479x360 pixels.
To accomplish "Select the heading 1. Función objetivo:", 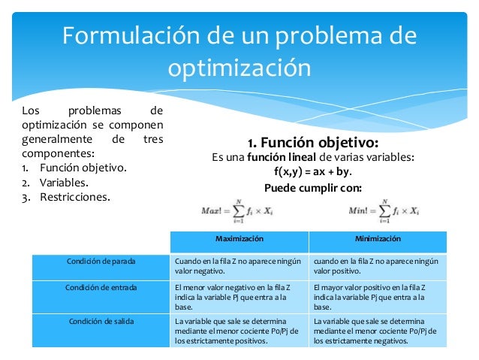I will [313, 143].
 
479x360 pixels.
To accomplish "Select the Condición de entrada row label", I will [100, 286].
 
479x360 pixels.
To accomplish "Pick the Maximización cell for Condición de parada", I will [238, 266].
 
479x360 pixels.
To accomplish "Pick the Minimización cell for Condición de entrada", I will [378, 297].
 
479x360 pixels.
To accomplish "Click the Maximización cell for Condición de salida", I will [238, 331].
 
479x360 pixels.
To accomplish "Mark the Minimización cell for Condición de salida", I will [378, 331].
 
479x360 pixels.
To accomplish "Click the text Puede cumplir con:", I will [313, 187].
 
